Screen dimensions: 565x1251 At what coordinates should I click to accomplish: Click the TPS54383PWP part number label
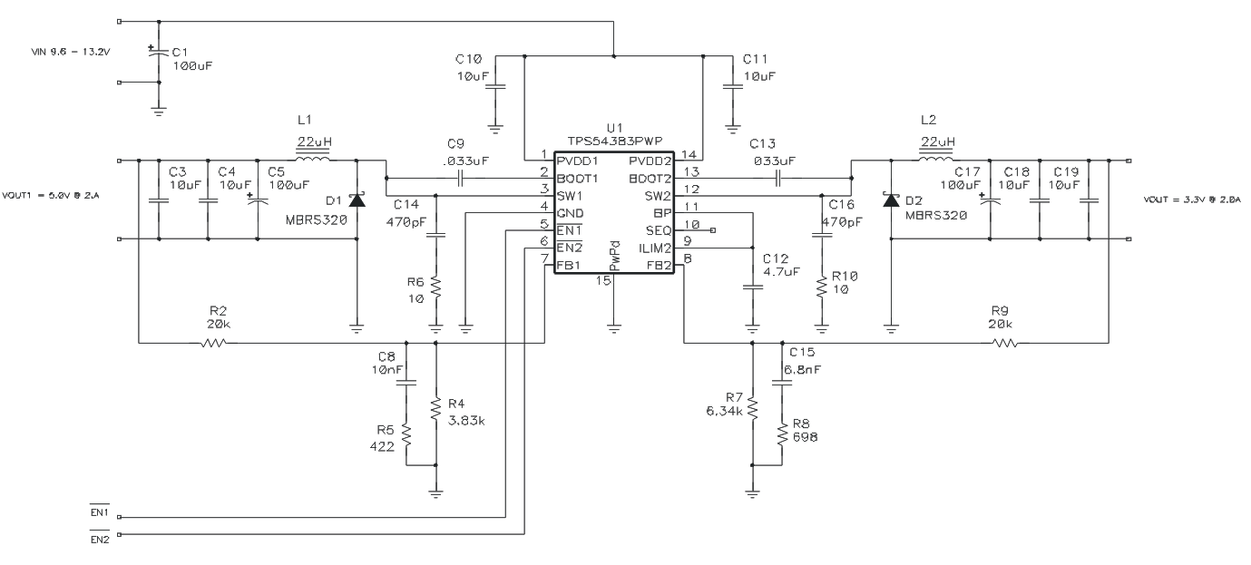point(614,141)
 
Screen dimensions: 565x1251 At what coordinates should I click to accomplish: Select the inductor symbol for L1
point(314,161)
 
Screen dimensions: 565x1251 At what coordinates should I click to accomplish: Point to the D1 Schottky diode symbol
point(357,200)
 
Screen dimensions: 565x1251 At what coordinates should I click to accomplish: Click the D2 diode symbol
point(893,200)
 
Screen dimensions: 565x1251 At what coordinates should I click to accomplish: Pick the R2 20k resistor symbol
point(215,343)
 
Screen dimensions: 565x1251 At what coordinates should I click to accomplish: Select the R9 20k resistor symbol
point(1004,343)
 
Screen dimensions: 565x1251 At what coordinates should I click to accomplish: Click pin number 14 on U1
point(689,153)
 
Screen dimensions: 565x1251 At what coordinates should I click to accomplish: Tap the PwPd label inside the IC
point(614,256)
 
